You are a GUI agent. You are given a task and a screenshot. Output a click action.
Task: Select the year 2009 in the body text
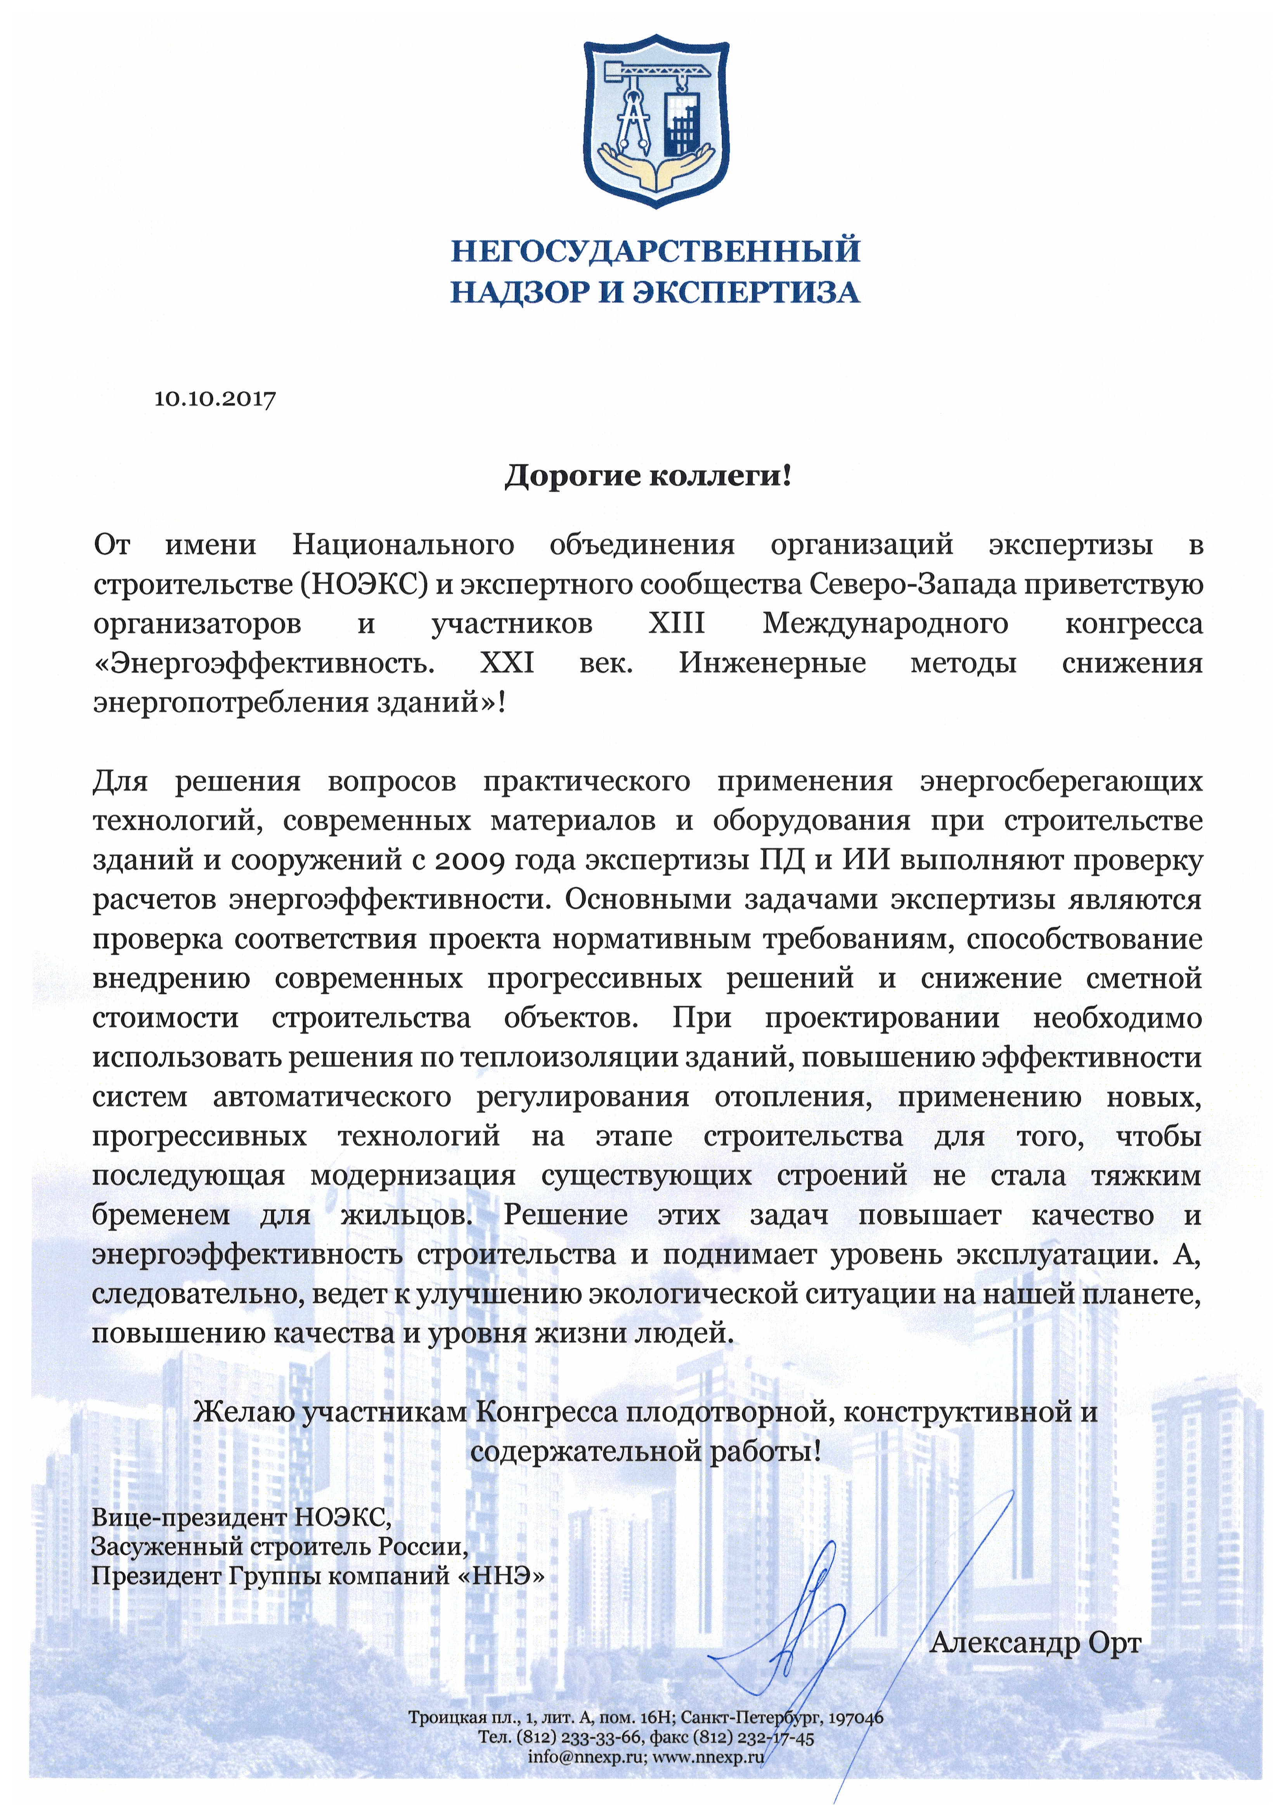(469, 860)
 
